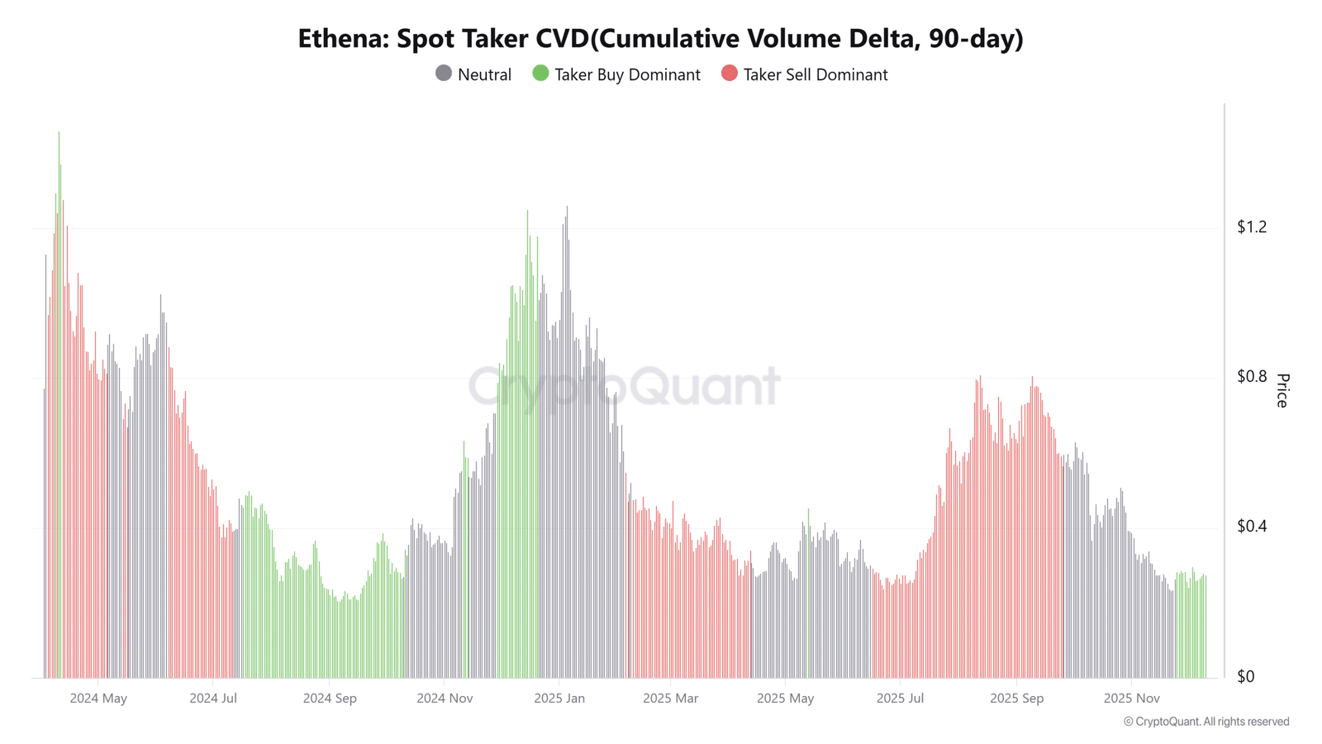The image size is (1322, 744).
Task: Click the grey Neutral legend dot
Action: [x=443, y=74]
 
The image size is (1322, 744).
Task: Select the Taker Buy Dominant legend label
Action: [x=627, y=75]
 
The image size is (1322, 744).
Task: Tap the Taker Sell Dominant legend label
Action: [x=815, y=75]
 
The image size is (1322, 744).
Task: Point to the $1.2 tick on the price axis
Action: [x=1251, y=227]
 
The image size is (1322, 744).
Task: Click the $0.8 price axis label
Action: [x=1251, y=377]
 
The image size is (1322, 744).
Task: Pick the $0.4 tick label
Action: [x=1251, y=526]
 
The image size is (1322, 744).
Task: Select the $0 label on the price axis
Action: [x=1245, y=677]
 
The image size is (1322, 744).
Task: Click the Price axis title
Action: [x=1282, y=391]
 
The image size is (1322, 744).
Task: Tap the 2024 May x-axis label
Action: [x=98, y=699]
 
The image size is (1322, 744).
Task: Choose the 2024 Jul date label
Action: [x=213, y=699]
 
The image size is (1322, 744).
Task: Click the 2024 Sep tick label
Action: [x=330, y=699]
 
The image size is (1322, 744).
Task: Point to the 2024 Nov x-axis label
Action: [x=445, y=699]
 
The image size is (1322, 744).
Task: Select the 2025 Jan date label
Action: [x=559, y=699]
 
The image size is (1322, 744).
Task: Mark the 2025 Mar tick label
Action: [x=670, y=699]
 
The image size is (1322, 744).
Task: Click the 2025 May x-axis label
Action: [x=786, y=699]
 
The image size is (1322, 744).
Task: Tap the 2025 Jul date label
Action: [x=900, y=699]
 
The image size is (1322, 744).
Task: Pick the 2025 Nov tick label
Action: [x=1132, y=699]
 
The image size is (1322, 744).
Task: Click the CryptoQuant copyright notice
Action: [x=1206, y=722]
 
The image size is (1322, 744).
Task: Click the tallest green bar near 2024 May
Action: [x=59, y=404]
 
